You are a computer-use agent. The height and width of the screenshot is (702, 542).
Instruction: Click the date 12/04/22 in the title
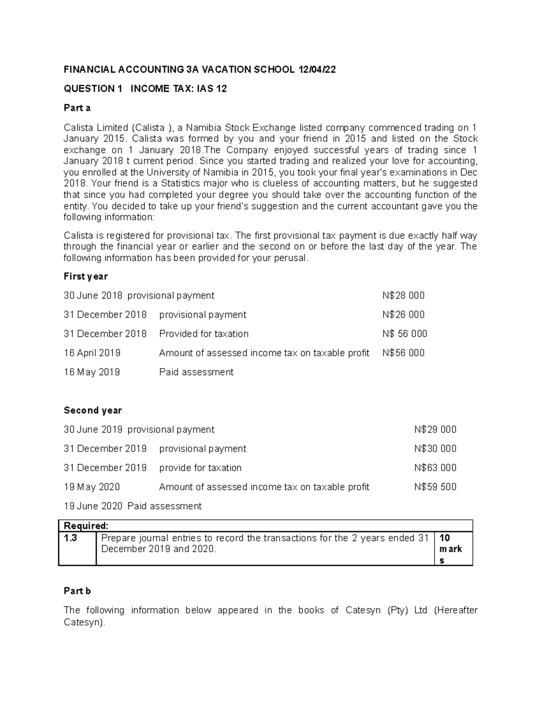coord(317,70)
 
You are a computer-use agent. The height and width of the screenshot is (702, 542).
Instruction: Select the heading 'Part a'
coord(77,108)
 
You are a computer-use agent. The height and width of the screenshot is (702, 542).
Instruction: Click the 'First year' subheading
coord(86,276)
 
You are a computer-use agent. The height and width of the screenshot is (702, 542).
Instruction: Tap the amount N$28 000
coord(403,296)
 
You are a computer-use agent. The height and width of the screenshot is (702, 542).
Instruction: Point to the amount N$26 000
coord(403,315)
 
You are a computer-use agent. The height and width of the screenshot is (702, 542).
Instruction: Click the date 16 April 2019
coord(92,353)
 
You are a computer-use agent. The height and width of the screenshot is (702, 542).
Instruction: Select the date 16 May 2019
coord(92,372)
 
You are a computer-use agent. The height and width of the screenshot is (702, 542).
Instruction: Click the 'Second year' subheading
coord(93,410)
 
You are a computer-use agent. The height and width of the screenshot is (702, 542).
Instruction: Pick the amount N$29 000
coord(435,429)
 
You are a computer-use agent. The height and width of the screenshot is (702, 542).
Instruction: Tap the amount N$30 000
coord(435,449)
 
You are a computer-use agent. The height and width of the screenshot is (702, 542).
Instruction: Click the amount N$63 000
coord(435,468)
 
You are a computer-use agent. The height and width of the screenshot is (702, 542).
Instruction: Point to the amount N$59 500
coord(435,487)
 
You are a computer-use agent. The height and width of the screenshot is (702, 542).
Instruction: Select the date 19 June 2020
coord(93,506)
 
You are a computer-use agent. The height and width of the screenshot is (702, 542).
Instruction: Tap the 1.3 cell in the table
coord(71,538)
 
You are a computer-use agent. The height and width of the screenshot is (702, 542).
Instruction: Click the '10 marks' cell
coord(450,549)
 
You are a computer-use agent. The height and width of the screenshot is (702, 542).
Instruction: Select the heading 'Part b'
coord(77,591)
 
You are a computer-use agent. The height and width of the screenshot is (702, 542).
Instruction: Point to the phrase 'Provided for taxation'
coord(204,334)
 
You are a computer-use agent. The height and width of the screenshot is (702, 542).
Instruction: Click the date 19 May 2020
coord(92,487)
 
